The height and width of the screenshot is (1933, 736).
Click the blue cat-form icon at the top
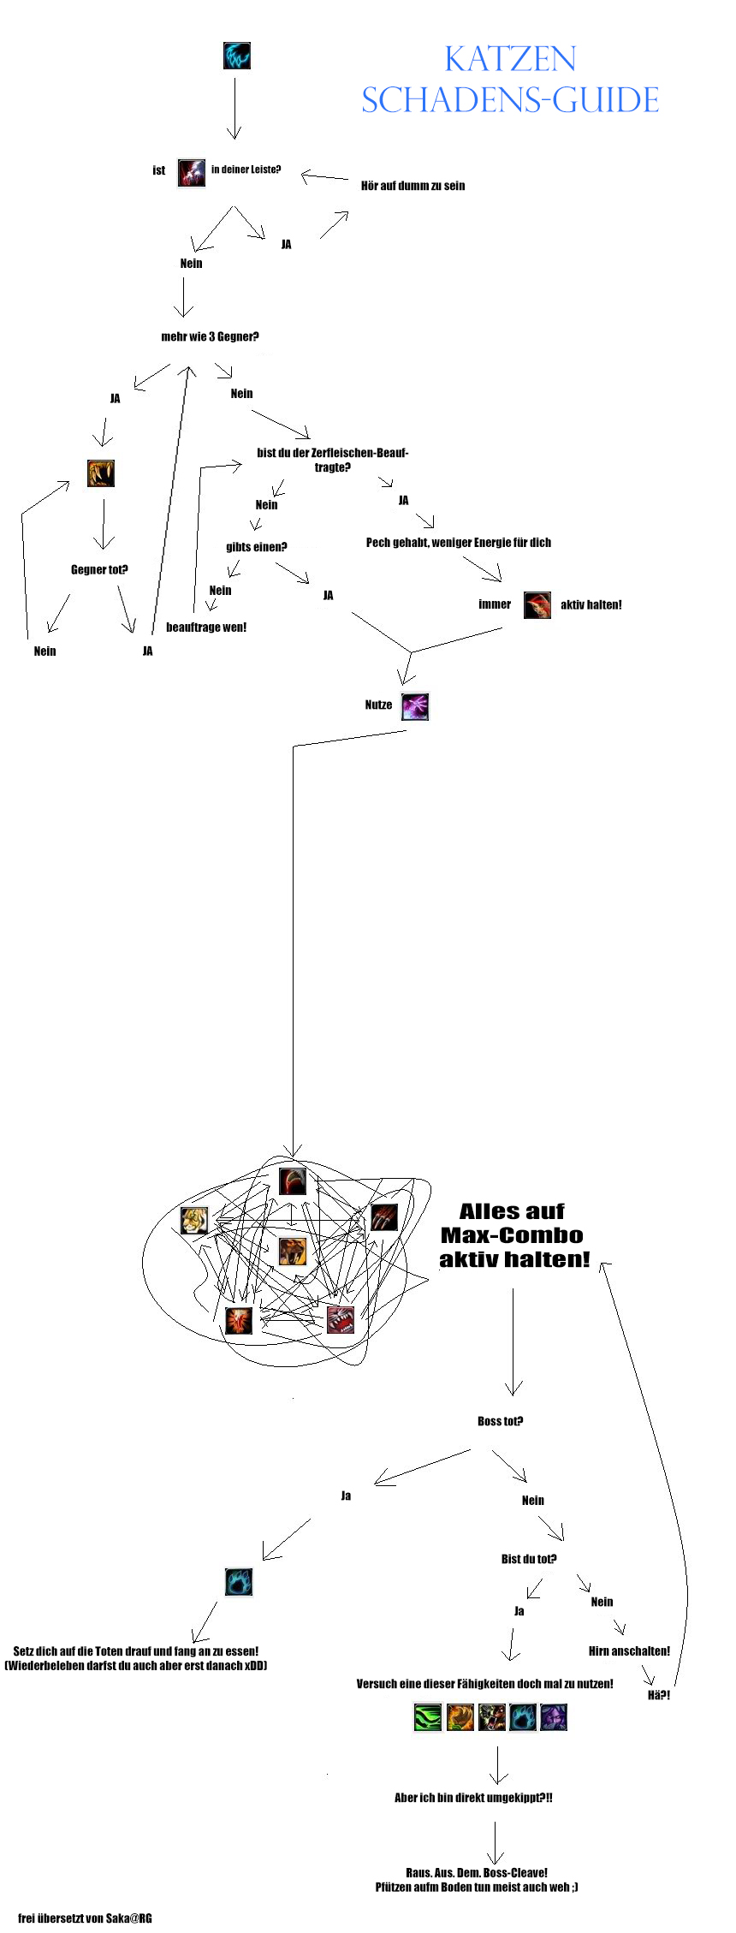point(237,57)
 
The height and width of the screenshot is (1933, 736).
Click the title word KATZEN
point(510,59)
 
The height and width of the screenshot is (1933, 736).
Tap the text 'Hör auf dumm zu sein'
point(413,186)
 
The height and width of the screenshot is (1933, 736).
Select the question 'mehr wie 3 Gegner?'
point(210,336)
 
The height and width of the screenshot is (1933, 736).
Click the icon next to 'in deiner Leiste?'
point(192,172)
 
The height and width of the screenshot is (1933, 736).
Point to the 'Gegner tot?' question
point(99,569)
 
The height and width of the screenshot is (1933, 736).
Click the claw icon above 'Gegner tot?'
point(101,473)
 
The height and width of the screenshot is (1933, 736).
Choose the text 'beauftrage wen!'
point(206,627)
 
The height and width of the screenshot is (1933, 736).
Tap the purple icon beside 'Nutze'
point(415,706)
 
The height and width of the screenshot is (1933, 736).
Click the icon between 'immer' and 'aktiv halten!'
point(537,604)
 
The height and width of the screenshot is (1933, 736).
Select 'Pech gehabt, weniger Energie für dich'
point(459,543)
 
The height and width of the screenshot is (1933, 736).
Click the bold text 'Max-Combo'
point(512,1235)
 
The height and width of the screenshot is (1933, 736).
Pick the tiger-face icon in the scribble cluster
point(194,1220)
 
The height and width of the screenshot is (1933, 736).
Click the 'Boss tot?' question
point(500,1421)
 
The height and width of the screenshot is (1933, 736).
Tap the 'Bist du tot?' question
point(529,1559)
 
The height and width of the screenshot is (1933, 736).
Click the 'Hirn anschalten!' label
point(629,1650)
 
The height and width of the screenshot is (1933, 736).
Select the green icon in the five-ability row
point(428,1717)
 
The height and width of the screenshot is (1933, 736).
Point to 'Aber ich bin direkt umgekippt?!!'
point(473,1798)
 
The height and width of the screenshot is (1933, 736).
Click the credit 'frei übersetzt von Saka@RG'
point(85,1918)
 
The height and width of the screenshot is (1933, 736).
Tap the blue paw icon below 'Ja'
point(239,1581)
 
